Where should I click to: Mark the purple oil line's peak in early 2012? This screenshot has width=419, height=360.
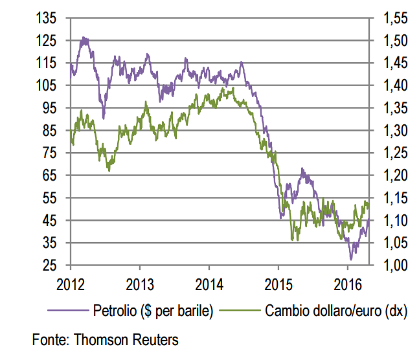pos(84,38)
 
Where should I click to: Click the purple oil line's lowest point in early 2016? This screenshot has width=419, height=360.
pos(350,259)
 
